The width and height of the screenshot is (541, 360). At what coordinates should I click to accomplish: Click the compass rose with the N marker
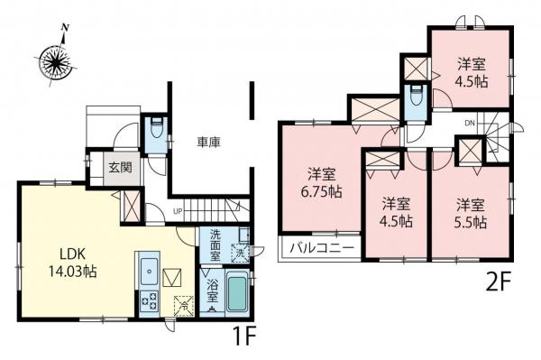[x=61, y=62]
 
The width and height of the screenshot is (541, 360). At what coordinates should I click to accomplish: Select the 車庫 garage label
[x=209, y=142]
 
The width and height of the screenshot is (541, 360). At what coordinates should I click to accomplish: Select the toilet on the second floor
[x=415, y=100]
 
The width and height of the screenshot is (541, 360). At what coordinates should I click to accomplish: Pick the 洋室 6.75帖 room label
[x=321, y=181]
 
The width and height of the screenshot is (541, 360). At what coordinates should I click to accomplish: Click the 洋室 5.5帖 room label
[x=470, y=210]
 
